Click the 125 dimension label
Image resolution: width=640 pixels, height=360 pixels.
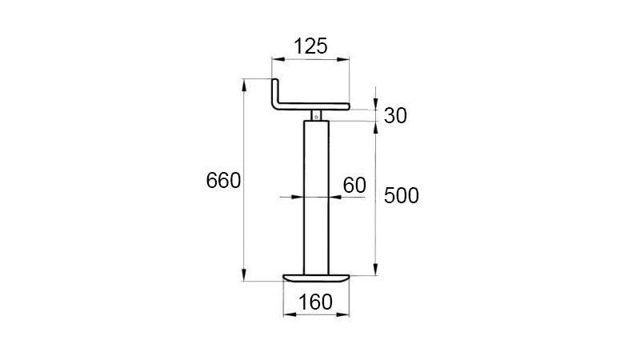coord(310,46)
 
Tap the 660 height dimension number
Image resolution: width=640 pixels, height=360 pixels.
coord(223,181)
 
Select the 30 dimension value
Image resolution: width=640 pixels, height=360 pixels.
coord(395,115)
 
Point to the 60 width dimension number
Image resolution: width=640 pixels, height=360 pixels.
coord(354,186)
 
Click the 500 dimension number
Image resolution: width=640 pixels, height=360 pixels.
coord(402,195)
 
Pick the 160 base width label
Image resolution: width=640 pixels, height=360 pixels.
coord(316,302)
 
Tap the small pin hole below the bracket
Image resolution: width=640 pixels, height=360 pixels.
coord(317,117)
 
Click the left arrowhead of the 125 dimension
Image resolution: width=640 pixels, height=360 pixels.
coord(276,58)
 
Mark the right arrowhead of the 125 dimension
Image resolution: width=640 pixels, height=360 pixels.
coord(346,58)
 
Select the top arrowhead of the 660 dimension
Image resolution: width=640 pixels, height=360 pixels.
coord(243,82)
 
